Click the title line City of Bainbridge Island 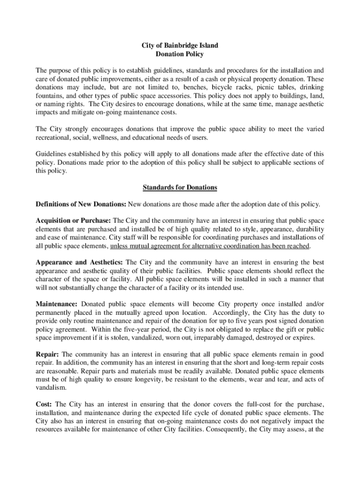coord(180,46)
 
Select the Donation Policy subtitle coord(180,54)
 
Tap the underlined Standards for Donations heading coord(180,188)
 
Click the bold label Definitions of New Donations coord(81,204)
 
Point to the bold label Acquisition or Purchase coord(73,220)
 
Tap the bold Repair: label coord(48,354)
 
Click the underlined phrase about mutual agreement coord(210,246)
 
